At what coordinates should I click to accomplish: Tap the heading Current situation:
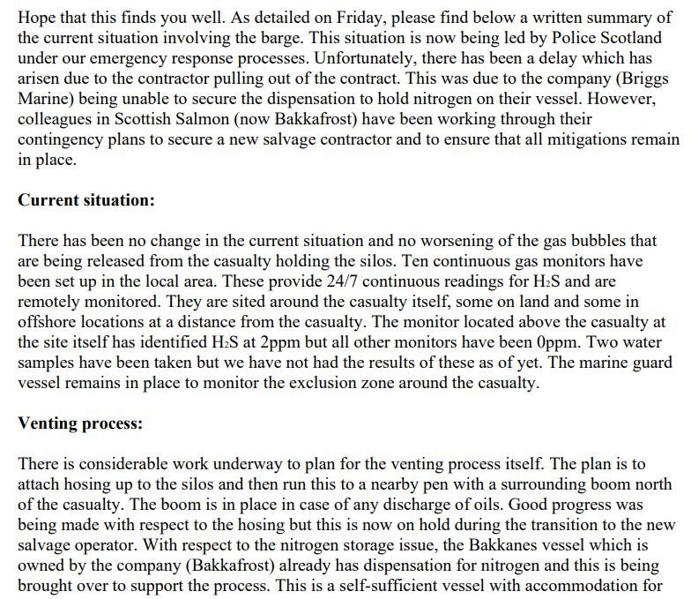point(86,199)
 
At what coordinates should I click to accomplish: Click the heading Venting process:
point(80,423)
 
